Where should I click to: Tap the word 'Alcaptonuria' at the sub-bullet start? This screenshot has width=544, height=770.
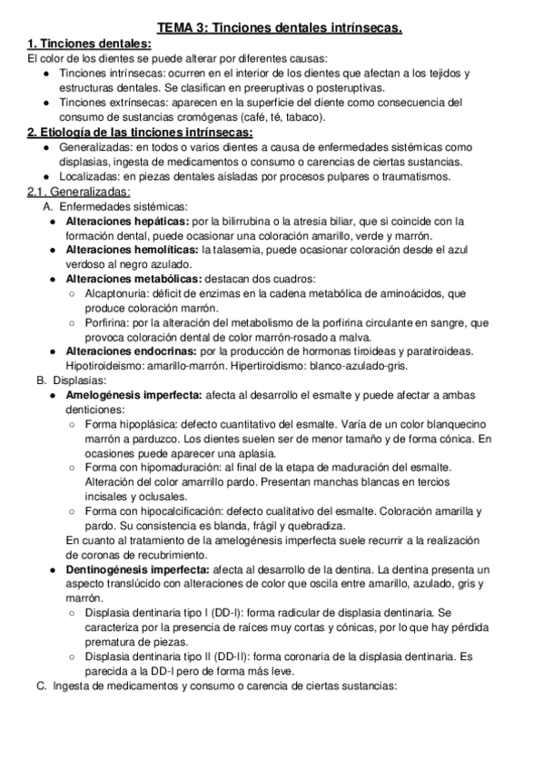click(116, 293)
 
